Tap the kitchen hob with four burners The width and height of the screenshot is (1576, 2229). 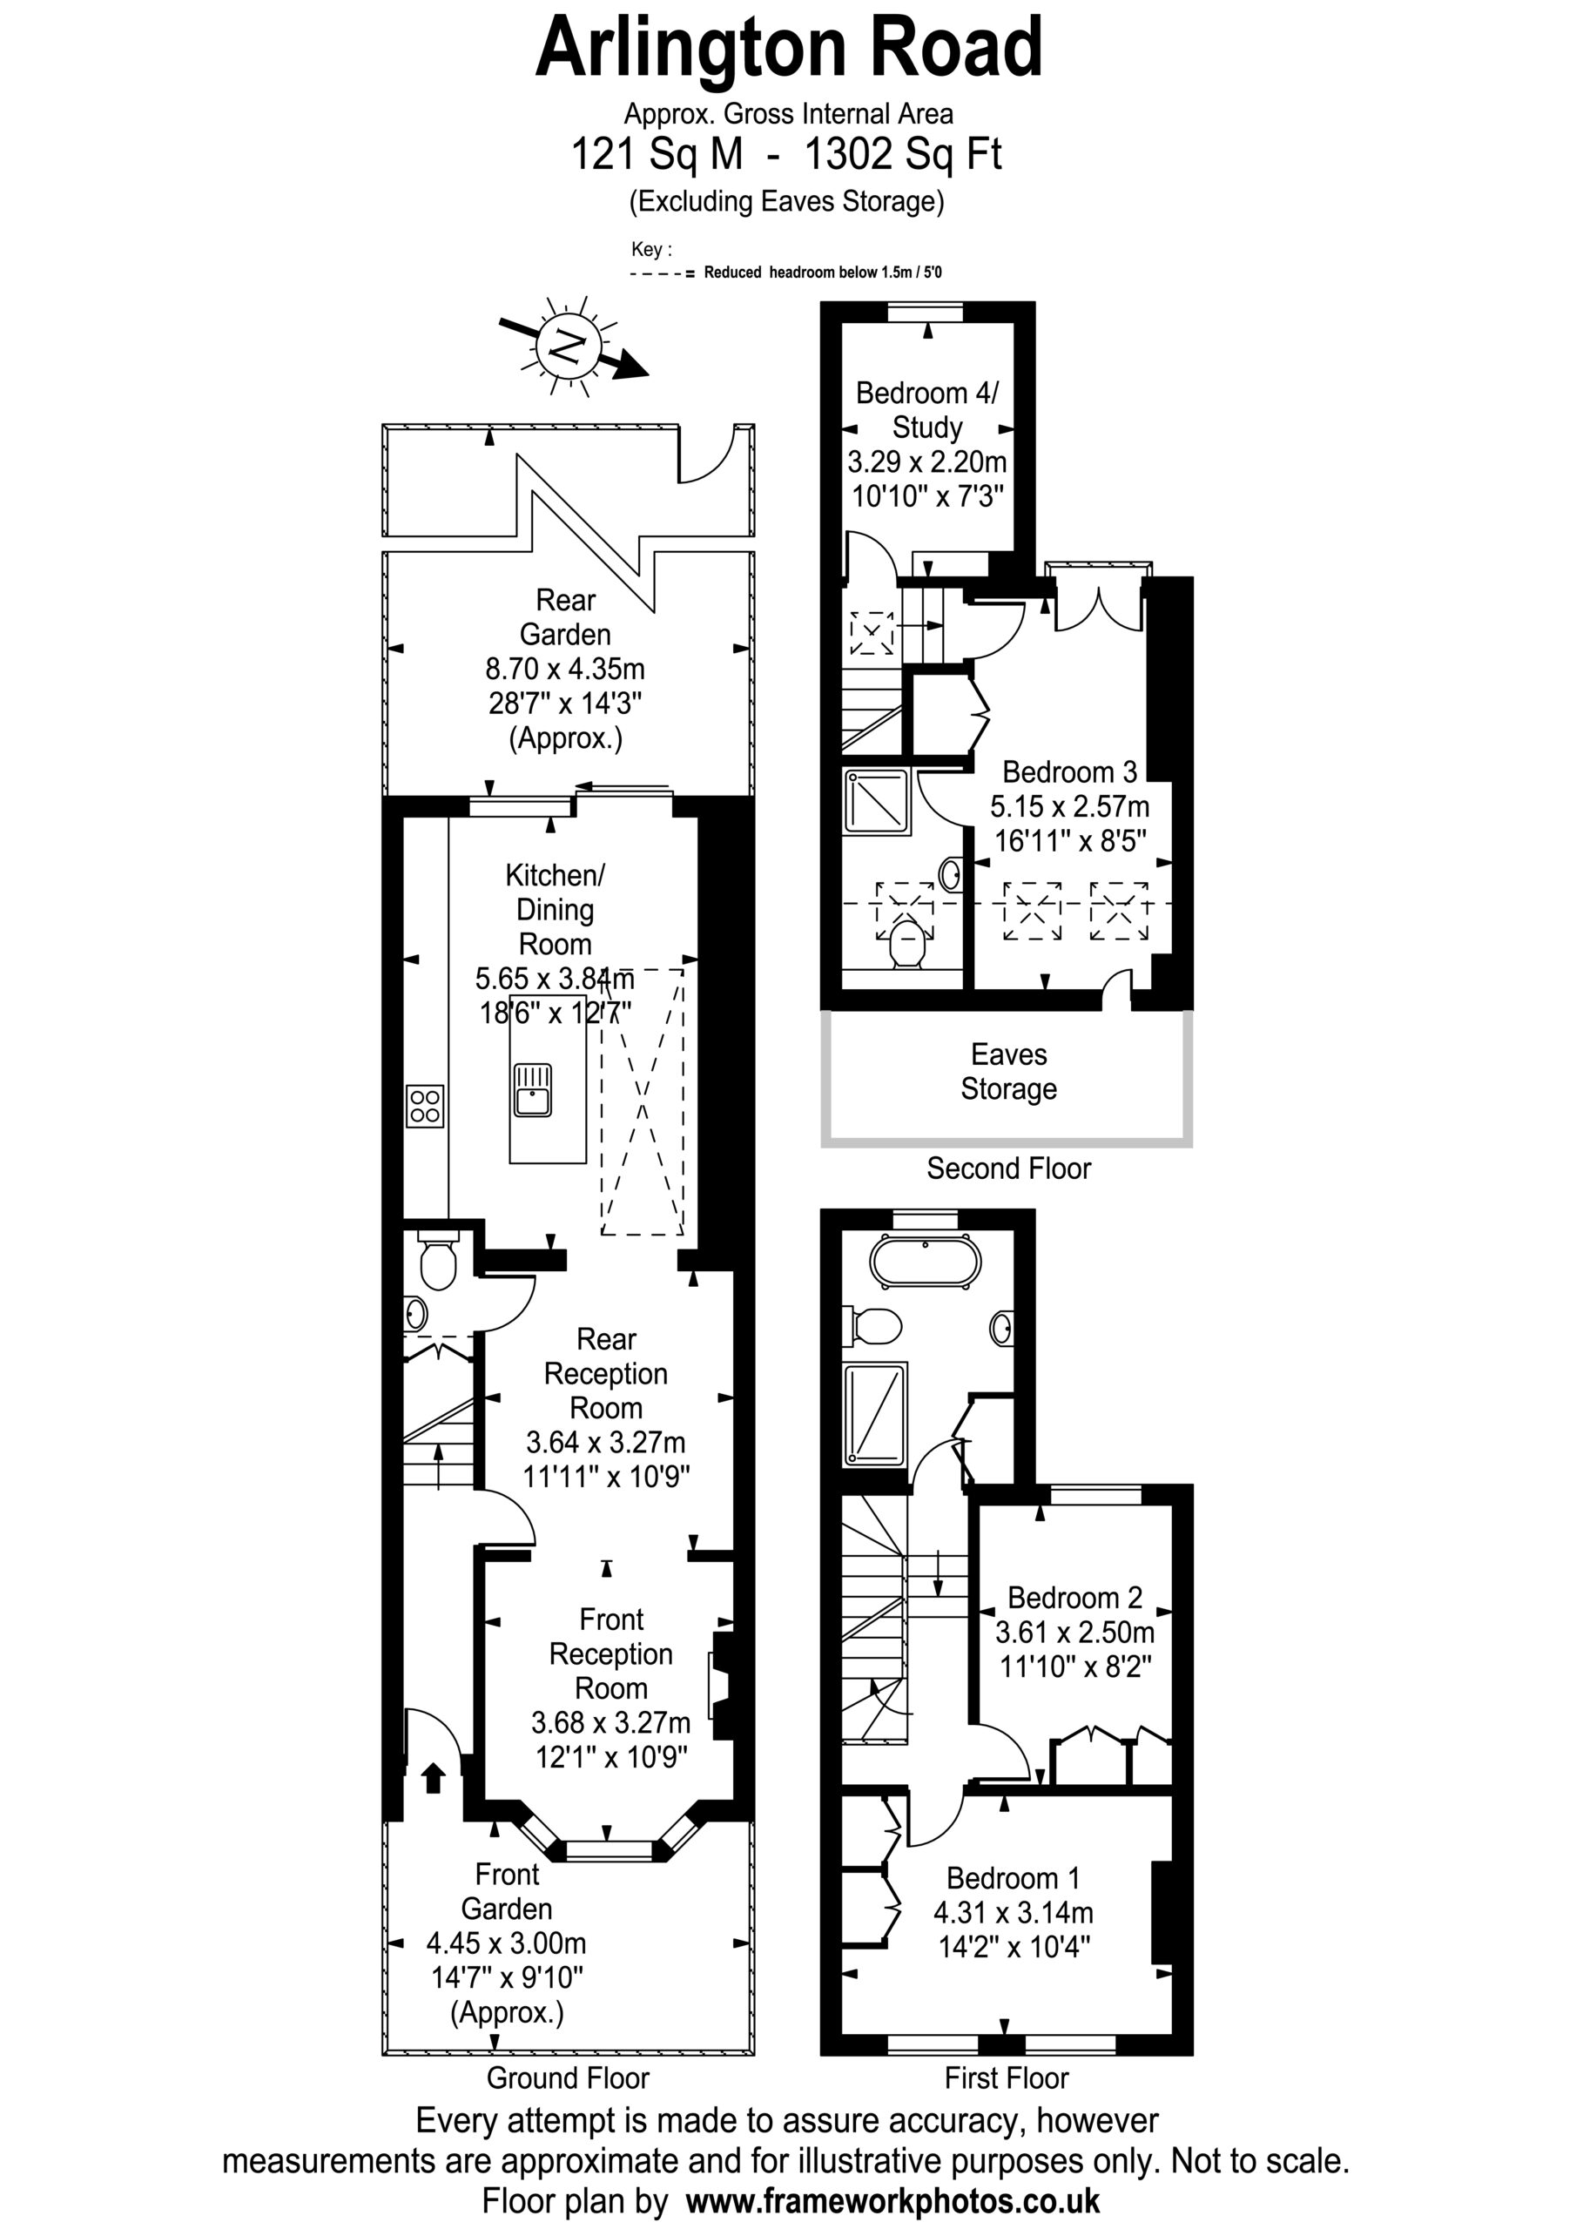pyautogui.click(x=425, y=1106)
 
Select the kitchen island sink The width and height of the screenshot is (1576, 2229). pyautogui.click(x=532, y=1090)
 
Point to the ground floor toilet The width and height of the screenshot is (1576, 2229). pyautogui.click(x=438, y=1260)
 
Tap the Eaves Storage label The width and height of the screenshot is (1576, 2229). pyautogui.click(x=1009, y=1072)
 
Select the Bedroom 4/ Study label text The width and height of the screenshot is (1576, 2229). pyautogui.click(x=927, y=410)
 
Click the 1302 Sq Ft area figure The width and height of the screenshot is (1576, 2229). pyautogui.click(x=903, y=154)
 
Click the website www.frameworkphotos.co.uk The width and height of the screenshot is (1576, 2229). pyautogui.click(x=893, y=2199)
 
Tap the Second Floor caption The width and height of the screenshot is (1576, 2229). pyautogui.click(x=1009, y=1168)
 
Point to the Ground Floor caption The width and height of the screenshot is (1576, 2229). pyautogui.click(x=568, y=2077)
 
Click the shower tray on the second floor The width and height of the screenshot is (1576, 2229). pyautogui.click(x=877, y=801)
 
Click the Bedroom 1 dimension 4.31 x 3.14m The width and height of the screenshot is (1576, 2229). pyautogui.click(x=1014, y=1913)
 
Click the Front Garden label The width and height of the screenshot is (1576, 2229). pyautogui.click(x=507, y=1891)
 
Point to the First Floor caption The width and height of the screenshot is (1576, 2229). pyautogui.click(x=1007, y=2077)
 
